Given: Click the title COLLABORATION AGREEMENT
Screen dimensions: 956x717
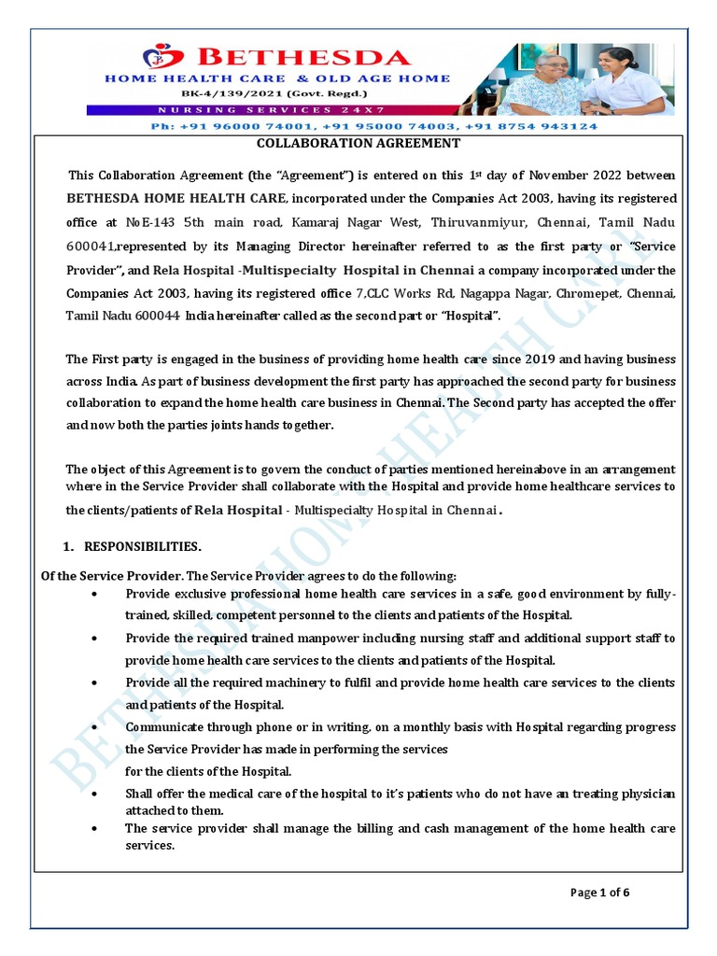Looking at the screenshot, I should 358,143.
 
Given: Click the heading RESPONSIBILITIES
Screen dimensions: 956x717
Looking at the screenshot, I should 143,546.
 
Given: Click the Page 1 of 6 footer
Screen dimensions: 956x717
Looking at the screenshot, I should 600,893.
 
